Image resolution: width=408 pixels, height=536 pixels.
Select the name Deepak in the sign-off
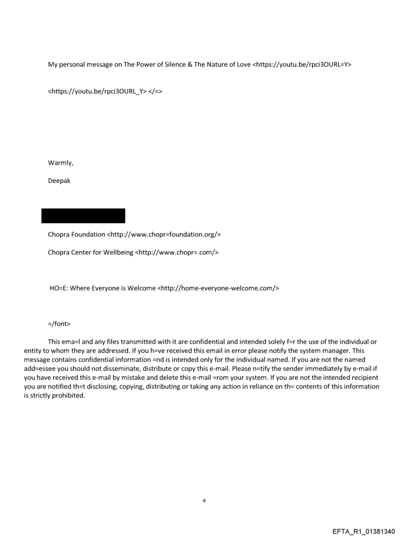(x=59, y=181)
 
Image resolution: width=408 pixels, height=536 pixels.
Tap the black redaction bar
(x=83, y=216)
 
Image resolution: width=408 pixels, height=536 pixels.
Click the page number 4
(x=204, y=501)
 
